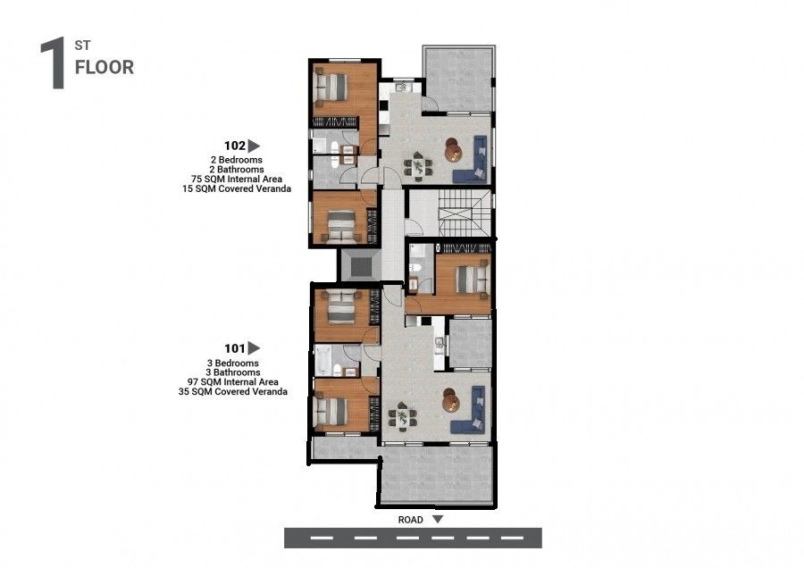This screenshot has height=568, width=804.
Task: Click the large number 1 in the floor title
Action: pos(53,64)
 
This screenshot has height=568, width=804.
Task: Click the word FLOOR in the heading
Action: pos(105,68)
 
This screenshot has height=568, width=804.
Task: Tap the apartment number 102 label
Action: pos(235,145)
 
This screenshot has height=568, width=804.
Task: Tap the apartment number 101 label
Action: pos(234,347)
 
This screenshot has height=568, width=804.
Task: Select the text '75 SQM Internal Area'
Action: pos(235,179)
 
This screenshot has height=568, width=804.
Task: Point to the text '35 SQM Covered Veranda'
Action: pos(233,391)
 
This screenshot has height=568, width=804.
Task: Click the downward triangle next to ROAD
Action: pos(437,518)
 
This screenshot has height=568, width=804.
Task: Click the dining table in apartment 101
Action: pos(404,414)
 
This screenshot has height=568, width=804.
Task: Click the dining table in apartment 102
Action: pos(415,164)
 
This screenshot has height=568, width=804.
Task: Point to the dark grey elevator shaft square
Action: pos(360,264)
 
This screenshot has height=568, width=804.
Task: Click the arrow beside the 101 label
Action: pos(254,347)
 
